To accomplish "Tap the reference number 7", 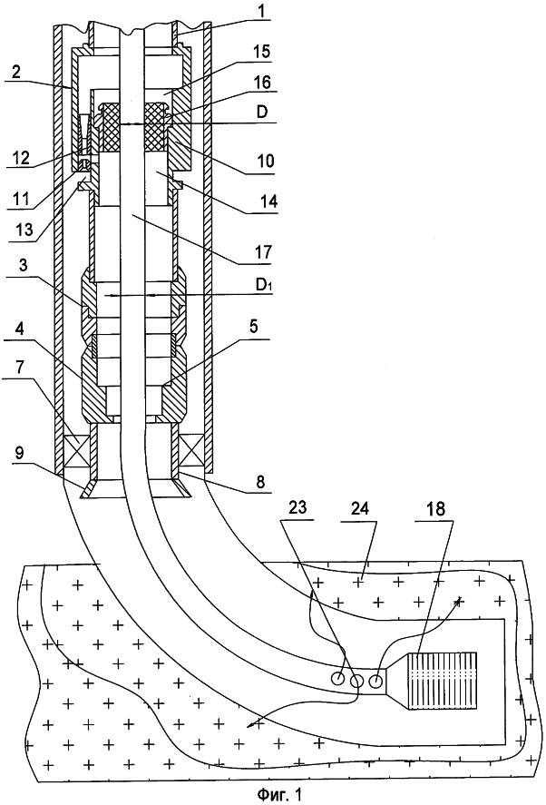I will pyautogui.click(x=15, y=375).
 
